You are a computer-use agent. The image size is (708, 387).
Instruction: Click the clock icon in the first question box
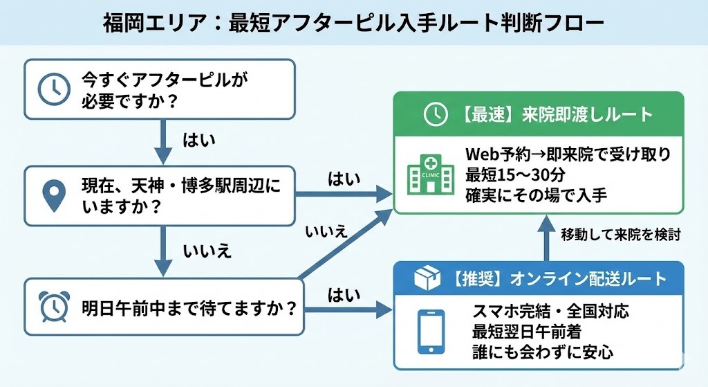click(51, 89)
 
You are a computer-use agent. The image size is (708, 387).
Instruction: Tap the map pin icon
click(52, 196)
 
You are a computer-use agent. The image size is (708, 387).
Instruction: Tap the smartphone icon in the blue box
click(433, 330)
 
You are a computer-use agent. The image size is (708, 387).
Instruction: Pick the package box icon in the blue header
click(427, 278)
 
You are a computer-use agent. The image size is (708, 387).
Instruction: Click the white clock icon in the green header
click(435, 114)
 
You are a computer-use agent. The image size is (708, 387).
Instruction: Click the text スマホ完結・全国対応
click(550, 311)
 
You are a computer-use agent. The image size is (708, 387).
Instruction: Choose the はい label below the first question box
click(199, 140)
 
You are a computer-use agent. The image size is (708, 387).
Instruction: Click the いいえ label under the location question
click(207, 251)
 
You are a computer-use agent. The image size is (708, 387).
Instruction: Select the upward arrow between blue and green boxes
click(546, 237)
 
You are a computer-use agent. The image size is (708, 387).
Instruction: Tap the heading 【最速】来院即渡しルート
click(554, 114)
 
